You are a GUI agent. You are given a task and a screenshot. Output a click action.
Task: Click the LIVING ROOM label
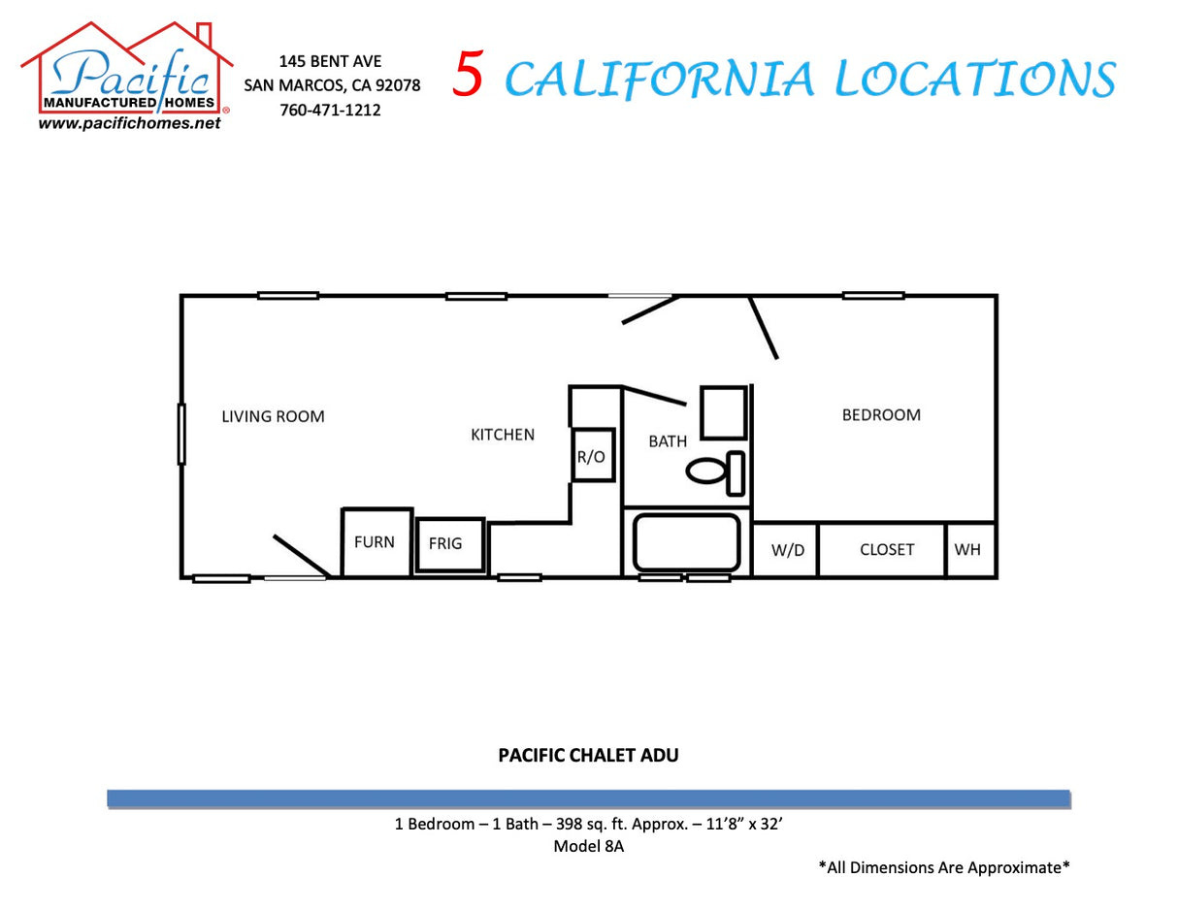(x=273, y=416)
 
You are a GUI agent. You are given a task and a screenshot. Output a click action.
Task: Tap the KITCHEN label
(x=503, y=435)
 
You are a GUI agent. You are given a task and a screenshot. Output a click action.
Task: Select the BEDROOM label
(x=881, y=414)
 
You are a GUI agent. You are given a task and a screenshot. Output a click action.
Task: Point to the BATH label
(x=668, y=441)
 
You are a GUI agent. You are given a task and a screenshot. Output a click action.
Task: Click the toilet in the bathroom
(x=715, y=471)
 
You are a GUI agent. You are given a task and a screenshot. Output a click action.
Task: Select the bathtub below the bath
(x=687, y=542)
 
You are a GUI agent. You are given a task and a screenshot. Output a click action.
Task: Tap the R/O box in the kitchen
(x=592, y=455)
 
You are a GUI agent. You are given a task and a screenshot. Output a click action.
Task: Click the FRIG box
(x=449, y=544)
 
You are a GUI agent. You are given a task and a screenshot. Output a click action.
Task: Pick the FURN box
(x=376, y=542)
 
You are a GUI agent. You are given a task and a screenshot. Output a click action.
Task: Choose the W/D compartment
(x=787, y=550)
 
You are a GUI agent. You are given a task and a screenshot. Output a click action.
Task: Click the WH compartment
(x=968, y=550)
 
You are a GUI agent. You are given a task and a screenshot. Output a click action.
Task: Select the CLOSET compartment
(x=886, y=550)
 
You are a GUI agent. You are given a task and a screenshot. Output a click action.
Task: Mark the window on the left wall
(x=181, y=434)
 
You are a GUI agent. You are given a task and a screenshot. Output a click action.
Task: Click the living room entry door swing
(x=301, y=556)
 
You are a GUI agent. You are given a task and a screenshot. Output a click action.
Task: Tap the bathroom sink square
(x=723, y=413)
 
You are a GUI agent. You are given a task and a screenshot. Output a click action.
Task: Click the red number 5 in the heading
(x=468, y=75)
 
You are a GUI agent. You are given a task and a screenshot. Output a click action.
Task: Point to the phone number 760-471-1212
(x=330, y=110)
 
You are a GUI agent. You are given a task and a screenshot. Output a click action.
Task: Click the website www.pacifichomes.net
(x=129, y=123)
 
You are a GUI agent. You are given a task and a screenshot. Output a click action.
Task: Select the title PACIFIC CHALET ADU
(x=588, y=755)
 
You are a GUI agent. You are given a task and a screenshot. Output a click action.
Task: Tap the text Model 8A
(x=588, y=846)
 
